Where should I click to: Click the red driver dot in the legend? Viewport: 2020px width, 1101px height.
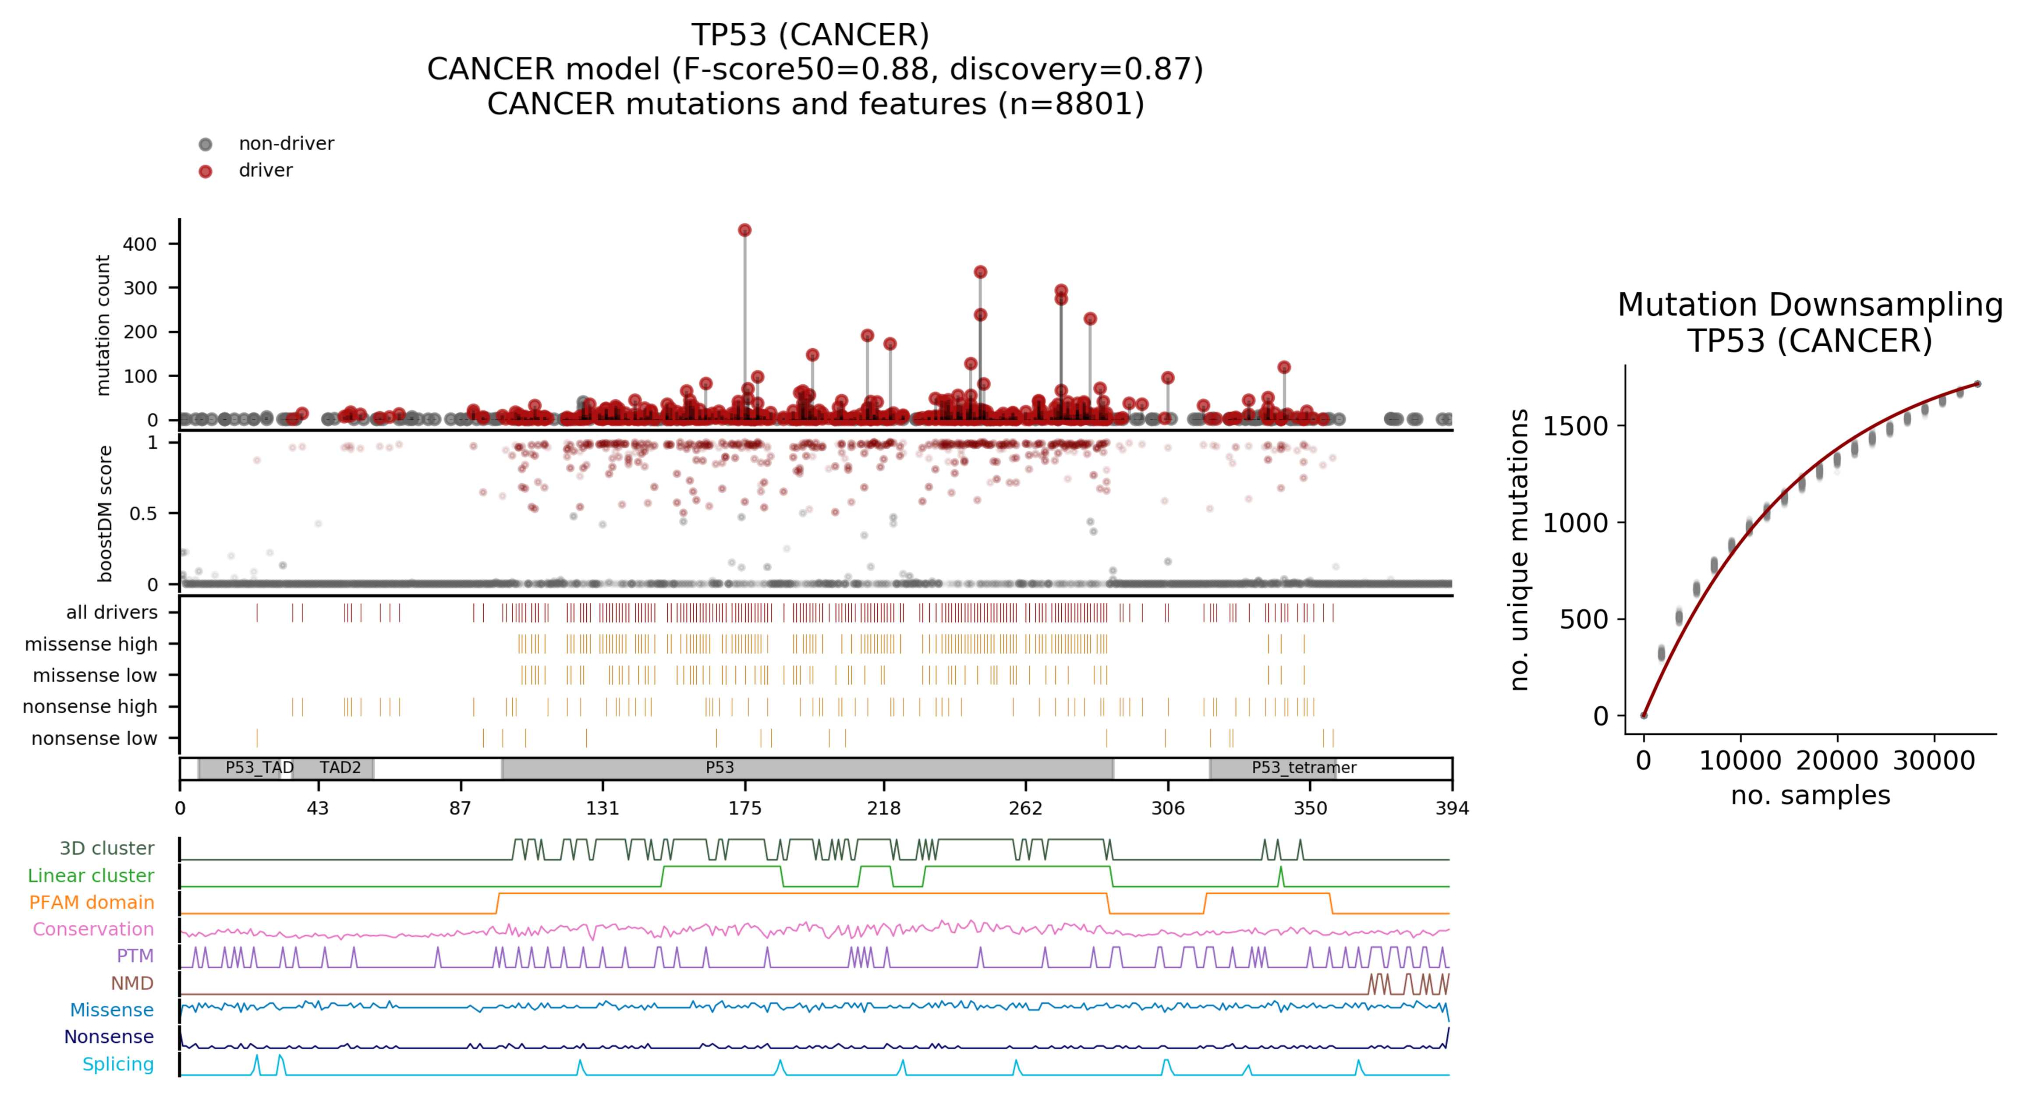click(x=206, y=171)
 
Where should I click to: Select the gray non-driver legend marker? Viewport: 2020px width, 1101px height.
click(x=206, y=144)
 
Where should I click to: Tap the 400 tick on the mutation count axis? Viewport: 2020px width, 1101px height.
click(x=140, y=244)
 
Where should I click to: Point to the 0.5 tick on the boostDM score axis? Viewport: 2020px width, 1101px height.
click(x=143, y=513)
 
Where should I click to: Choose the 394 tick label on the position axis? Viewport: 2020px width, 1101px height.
click(x=1452, y=808)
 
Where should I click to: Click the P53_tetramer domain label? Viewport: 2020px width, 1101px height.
click(x=1303, y=768)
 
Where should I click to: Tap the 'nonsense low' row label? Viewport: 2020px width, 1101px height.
click(x=94, y=739)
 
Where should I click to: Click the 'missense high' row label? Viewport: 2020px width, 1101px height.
click(x=91, y=644)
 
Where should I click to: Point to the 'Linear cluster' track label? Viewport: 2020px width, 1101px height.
click(x=91, y=875)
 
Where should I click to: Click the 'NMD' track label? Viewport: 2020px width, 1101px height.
click(x=132, y=984)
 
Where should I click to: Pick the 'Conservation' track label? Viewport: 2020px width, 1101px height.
click(x=93, y=929)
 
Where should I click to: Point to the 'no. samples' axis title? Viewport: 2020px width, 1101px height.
click(x=1810, y=795)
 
